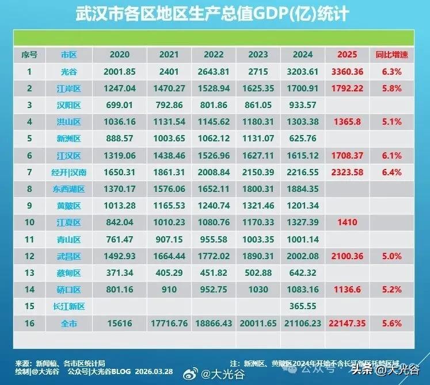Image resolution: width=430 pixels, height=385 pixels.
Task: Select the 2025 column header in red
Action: (347, 55)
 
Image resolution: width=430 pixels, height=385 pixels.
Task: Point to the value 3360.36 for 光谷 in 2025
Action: (347, 72)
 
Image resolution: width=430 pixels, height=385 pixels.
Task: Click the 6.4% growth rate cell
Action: (391, 172)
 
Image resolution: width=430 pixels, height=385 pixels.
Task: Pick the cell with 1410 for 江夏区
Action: (347, 222)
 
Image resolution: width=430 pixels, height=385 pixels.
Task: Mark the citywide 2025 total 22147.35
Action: (347, 324)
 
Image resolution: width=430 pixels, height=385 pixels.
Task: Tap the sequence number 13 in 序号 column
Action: (29, 273)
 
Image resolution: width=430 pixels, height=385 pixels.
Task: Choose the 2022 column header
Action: (214, 55)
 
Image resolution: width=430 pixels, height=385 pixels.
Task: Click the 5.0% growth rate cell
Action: (391, 256)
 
